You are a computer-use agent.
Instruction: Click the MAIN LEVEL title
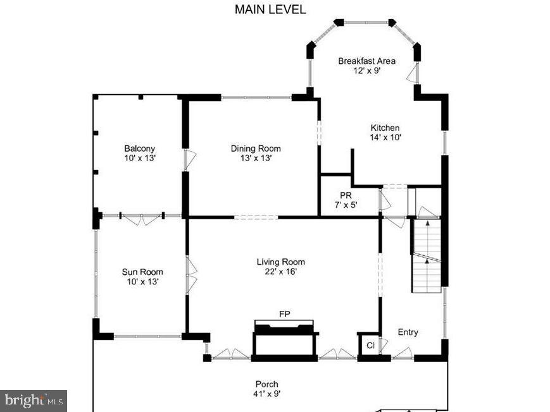(x=270, y=9)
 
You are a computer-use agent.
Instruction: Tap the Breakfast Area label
(x=366, y=61)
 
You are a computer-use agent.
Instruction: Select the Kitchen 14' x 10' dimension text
(x=385, y=136)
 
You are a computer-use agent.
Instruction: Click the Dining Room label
(x=255, y=148)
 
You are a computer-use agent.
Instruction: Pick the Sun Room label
(x=138, y=272)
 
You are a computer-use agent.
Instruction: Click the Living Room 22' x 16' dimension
(x=280, y=272)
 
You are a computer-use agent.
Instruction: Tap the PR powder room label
(x=346, y=196)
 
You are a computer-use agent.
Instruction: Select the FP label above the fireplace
(x=285, y=314)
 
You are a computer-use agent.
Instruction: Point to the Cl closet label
(x=370, y=346)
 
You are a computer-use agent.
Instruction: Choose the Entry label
(x=408, y=332)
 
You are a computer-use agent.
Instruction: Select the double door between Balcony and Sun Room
(x=142, y=219)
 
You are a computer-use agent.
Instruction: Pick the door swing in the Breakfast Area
(x=413, y=74)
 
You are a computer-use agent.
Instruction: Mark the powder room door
(x=384, y=201)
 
